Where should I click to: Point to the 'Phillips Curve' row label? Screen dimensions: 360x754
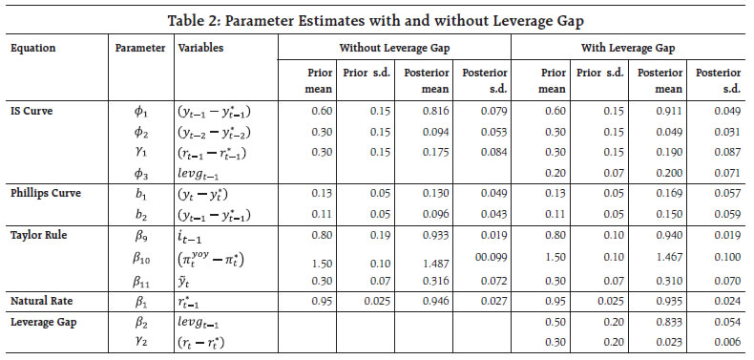pyautogui.click(x=44, y=192)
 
